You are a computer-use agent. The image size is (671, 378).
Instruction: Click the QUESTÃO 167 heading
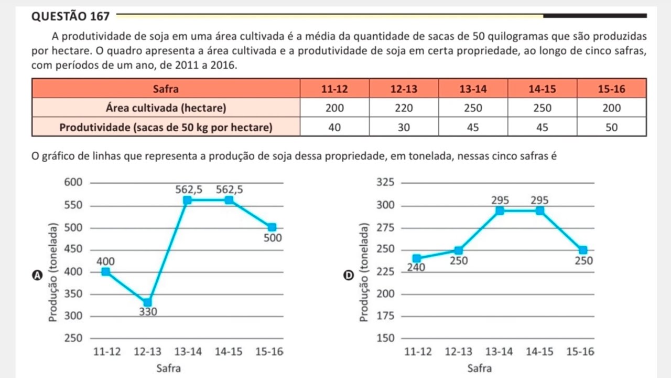click(71, 16)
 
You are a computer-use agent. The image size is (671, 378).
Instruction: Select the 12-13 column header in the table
click(404, 89)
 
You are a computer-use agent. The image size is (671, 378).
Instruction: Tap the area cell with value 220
click(404, 108)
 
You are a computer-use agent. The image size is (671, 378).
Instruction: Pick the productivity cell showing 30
click(404, 127)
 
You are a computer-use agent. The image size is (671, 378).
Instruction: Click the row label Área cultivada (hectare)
click(166, 108)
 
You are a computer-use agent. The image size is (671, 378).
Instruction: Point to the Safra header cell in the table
click(166, 89)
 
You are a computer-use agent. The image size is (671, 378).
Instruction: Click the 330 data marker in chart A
click(147, 302)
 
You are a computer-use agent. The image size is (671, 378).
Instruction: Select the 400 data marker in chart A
click(106, 271)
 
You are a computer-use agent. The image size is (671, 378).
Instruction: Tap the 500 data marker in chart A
click(272, 227)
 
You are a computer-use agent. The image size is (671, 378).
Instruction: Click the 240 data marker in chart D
click(417, 258)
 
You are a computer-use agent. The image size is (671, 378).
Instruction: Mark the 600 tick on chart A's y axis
click(73, 183)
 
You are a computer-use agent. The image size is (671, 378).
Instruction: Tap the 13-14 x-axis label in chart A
click(188, 352)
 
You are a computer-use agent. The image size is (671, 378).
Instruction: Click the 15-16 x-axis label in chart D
click(580, 352)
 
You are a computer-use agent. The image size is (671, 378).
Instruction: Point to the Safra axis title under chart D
click(480, 368)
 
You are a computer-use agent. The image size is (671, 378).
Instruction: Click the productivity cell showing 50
click(612, 127)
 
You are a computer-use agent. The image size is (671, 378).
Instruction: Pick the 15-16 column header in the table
click(612, 89)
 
